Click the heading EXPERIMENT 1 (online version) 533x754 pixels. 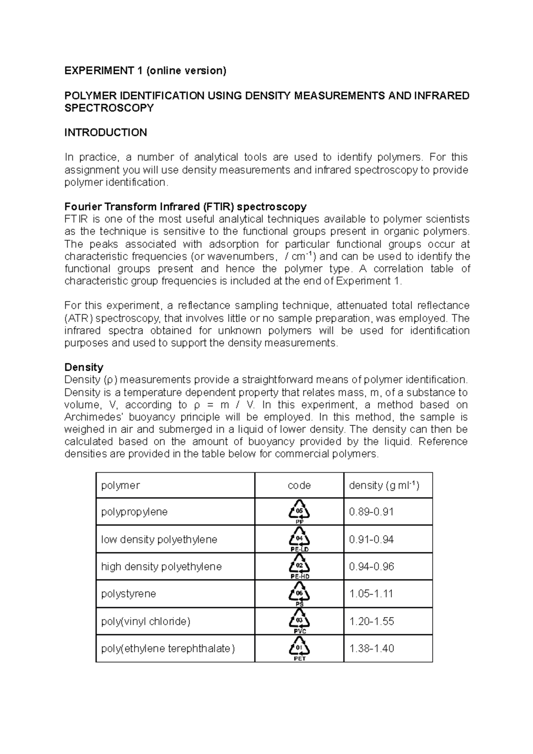tap(145, 71)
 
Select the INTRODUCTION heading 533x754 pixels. tap(106, 132)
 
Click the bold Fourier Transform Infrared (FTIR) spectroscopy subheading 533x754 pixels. tap(185, 206)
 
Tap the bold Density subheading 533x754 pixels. tap(84, 367)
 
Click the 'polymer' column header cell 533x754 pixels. tap(120, 485)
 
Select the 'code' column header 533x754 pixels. tap(299, 485)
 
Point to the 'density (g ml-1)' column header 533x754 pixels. tap(384, 485)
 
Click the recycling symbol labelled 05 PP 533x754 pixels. tap(299, 511)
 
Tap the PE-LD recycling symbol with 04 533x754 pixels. tap(299, 539)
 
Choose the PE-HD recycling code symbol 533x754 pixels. tap(299, 566)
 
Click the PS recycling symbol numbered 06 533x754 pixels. tap(299, 594)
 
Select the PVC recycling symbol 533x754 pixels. tap(299, 621)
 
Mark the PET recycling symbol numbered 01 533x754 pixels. tap(299, 648)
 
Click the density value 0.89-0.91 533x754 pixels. tap(371, 512)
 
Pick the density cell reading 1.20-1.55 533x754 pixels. tap(371, 621)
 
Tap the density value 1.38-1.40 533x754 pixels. tap(371, 648)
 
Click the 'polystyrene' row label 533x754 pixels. tap(128, 594)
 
